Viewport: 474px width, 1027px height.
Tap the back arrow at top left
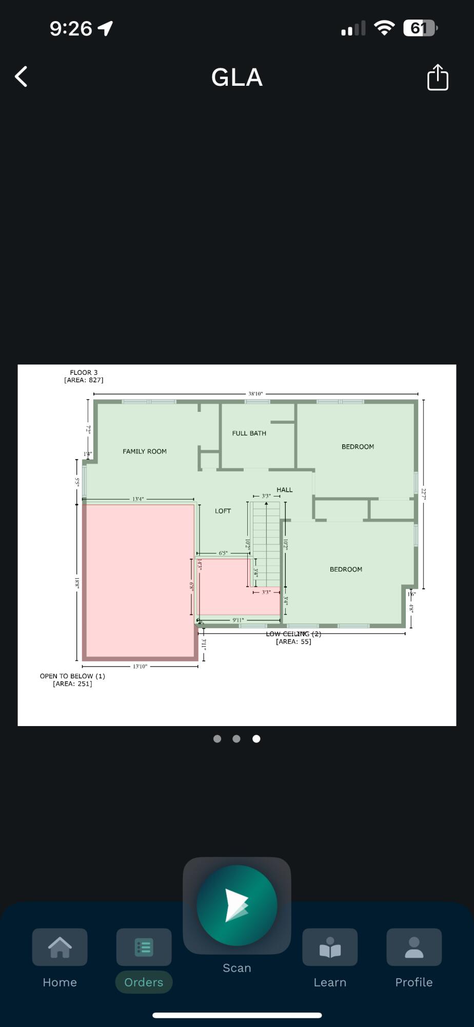(x=21, y=77)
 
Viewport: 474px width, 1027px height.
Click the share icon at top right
(x=438, y=78)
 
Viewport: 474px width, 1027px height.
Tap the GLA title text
(x=237, y=78)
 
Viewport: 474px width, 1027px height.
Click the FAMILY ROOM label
(x=145, y=451)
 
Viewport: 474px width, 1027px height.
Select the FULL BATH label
(x=249, y=433)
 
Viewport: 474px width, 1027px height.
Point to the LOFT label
(x=223, y=511)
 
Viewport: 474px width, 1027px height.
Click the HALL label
(x=284, y=490)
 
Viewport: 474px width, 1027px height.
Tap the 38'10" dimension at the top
(x=255, y=394)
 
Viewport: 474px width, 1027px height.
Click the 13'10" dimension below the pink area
(x=140, y=667)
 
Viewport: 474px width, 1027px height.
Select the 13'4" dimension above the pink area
(x=138, y=499)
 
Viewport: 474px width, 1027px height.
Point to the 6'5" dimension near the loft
(x=223, y=553)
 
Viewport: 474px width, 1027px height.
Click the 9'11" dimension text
(x=238, y=620)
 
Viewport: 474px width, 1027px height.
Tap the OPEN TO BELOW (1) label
(x=72, y=676)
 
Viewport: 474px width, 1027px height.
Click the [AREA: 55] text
(x=293, y=641)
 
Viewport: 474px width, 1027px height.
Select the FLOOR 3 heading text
(x=84, y=373)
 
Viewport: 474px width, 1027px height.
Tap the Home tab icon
(x=60, y=947)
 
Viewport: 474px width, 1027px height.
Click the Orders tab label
(x=144, y=982)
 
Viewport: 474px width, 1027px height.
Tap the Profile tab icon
(x=413, y=947)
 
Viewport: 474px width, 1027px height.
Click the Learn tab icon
(x=330, y=947)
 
